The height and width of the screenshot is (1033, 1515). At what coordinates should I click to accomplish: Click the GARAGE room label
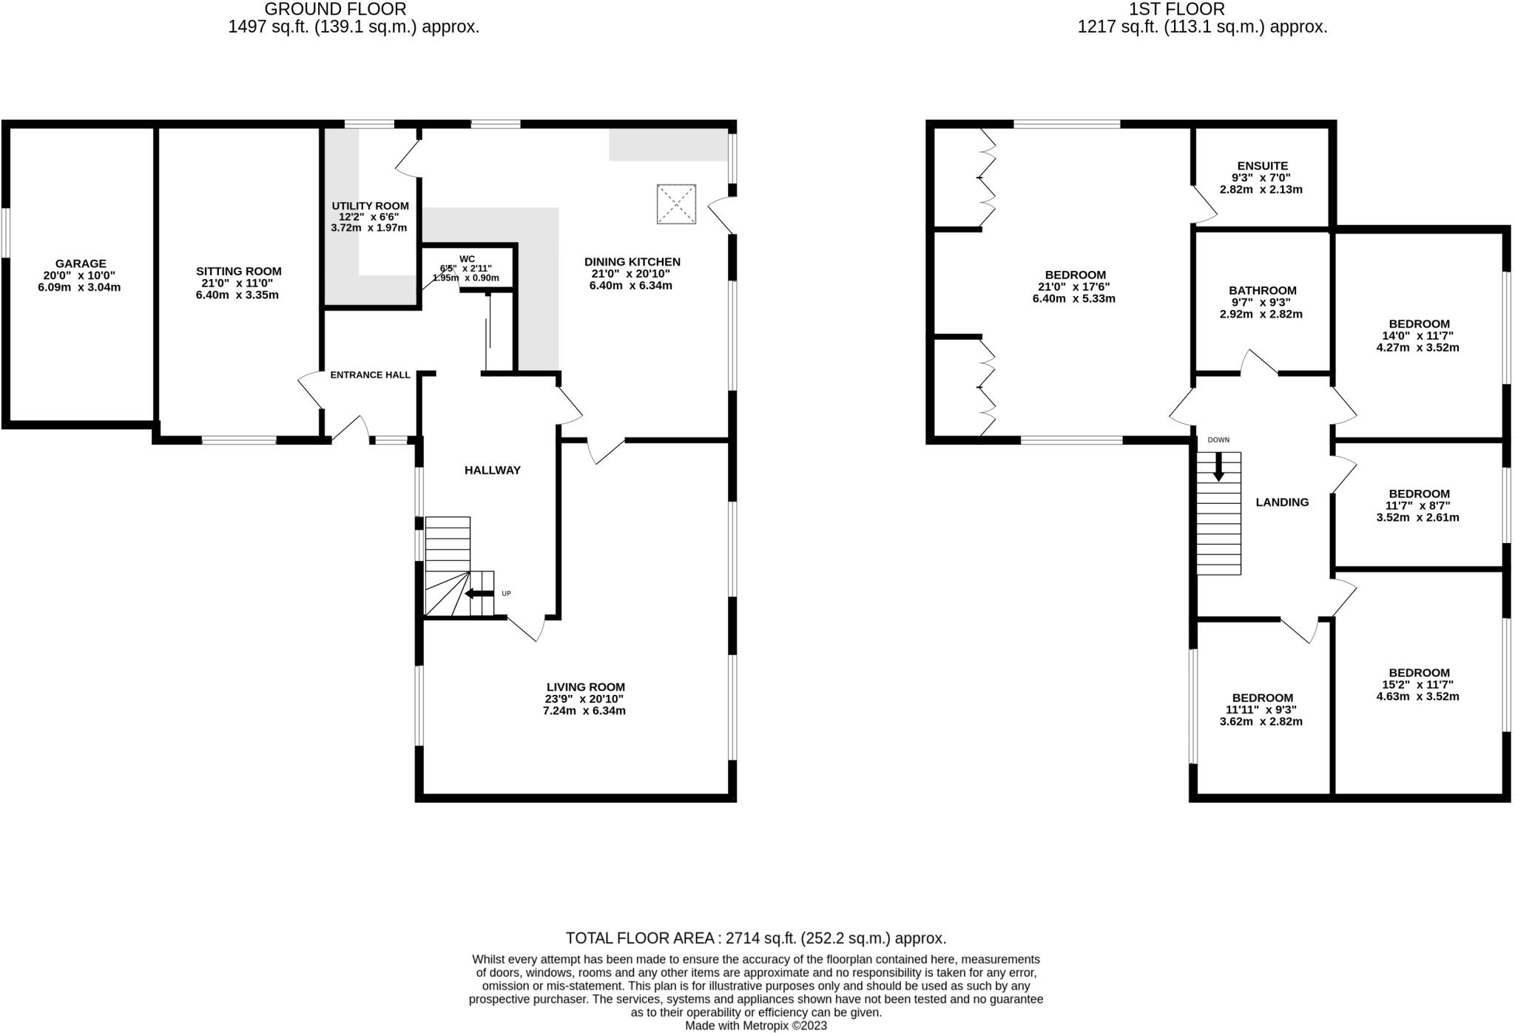pos(81,263)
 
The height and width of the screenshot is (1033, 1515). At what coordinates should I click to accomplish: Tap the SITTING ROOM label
pos(238,272)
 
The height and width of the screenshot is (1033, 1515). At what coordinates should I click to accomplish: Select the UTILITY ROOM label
pos(370,206)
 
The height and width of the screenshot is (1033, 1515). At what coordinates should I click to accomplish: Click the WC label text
pos(467,259)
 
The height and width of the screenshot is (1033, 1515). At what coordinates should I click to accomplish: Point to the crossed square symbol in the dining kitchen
pos(676,203)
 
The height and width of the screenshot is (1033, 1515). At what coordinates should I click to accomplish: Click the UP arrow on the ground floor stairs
pos(479,593)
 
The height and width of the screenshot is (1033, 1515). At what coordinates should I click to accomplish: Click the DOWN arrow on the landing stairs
pos(1218,466)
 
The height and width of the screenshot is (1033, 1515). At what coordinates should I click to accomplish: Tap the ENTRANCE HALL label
pos(370,375)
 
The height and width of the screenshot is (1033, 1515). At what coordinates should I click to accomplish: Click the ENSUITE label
pos(1263,166)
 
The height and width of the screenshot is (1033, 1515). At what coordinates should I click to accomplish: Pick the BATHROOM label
pos(1263,291)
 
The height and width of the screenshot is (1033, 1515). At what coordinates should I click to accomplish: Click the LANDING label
pos(1282,502)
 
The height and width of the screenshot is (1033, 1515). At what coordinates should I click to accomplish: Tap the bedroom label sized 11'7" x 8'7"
pos(1419,494)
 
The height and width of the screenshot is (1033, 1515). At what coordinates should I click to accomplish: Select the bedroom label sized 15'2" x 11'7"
pos(1419,673)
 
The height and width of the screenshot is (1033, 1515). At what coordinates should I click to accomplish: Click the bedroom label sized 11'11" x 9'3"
pos(1262,698)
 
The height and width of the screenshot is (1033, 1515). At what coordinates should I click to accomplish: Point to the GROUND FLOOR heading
pos(335,10)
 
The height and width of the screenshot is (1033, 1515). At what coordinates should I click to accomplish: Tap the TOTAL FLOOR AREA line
pos(756,938)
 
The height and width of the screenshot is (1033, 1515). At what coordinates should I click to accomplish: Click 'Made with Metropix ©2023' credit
pos(756,1026)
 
